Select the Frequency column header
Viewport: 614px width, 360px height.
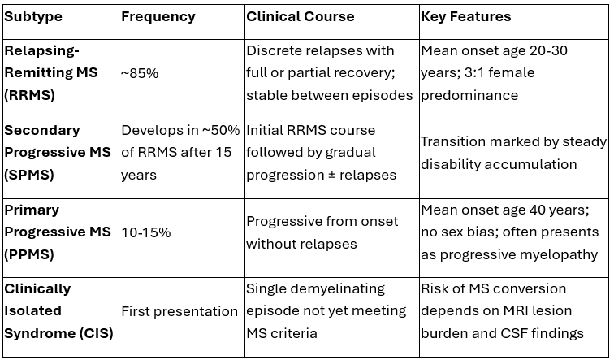[158, 16]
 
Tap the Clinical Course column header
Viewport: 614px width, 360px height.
[300, 16]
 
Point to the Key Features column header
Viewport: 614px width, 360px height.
[466, 16]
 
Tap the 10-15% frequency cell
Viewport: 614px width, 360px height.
[146, 232]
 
